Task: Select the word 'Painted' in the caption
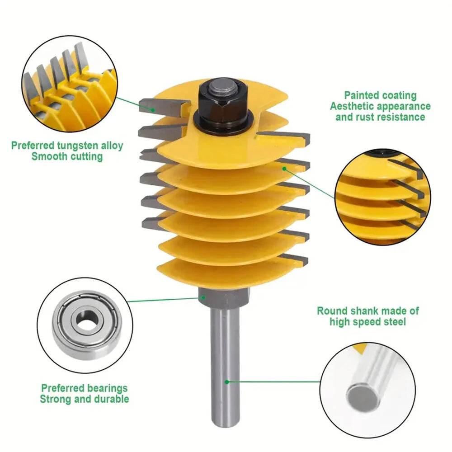361,95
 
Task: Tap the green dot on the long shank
227,382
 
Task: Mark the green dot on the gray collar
203,297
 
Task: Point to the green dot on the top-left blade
153,110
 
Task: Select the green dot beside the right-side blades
284,169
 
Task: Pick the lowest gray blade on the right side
294,259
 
